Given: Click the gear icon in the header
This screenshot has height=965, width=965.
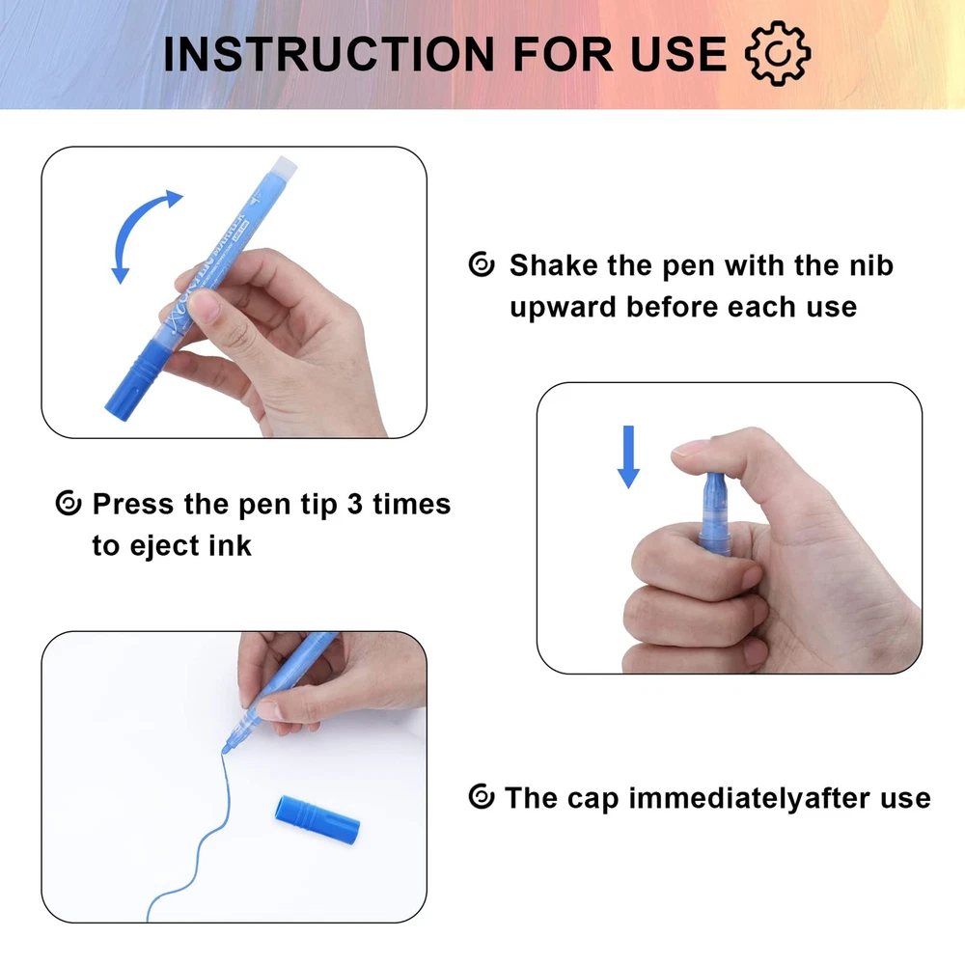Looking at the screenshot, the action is tap(777, 53).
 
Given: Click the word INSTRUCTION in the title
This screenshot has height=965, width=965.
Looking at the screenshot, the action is tap(329, 53).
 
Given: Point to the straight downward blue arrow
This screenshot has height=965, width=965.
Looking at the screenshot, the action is tap(628, 456).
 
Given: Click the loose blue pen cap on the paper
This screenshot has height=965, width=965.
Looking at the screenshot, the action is tap(317, 819).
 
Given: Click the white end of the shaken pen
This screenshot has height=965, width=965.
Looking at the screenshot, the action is tap(283, 166).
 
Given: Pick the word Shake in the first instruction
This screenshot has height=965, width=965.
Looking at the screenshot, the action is tap(553, 265).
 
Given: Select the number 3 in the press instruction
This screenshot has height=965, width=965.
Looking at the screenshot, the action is tap(354, 504).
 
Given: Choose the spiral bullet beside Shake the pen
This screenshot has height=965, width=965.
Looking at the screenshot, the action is tap(482, 264).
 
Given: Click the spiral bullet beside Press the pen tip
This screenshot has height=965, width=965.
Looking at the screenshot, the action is tap(69, 503).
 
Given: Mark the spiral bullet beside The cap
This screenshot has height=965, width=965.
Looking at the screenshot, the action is tap(482, 797).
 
